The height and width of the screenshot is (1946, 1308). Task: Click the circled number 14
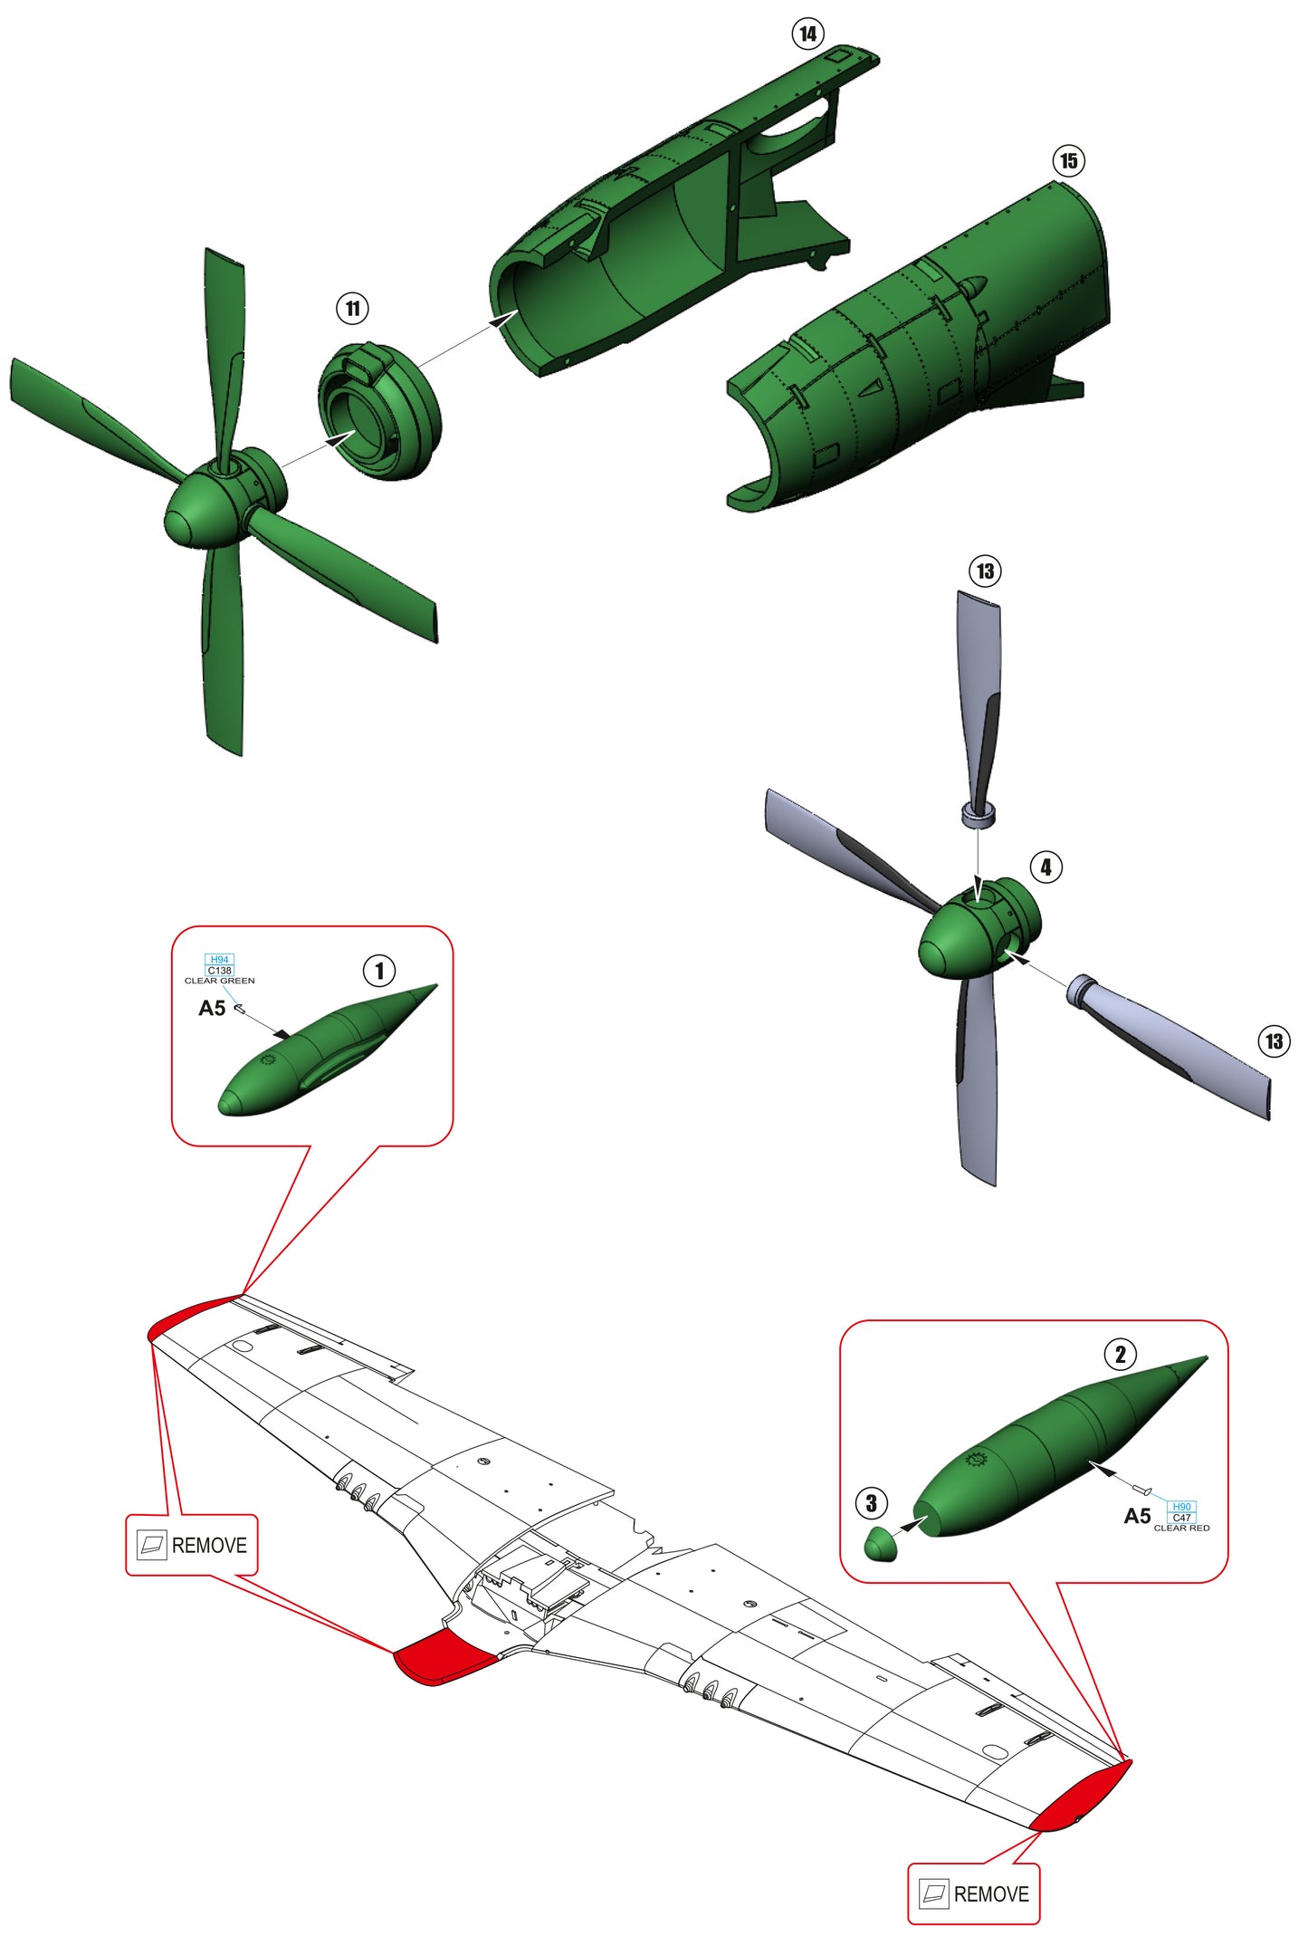[807, 34]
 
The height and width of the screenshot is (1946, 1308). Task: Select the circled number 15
[1068, 161]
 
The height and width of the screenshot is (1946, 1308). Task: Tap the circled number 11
[352, 309]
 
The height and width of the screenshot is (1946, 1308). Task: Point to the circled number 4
[1045, 867]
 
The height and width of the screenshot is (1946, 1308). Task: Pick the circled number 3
[871, 1504]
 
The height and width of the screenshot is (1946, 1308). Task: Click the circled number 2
[1120, 1355]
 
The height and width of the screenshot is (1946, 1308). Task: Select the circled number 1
[378, 971]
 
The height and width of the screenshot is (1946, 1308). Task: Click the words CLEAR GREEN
[219, 981]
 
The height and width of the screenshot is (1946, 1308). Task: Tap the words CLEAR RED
[1181, 1528]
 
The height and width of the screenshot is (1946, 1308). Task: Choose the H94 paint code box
[219, 959]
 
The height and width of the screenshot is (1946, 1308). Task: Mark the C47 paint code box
[1181, 1518]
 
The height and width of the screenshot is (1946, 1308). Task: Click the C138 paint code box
[219, 970]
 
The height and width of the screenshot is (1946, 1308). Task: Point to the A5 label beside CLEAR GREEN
[212, 1008]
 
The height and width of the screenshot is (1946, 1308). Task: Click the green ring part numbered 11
[378, 411]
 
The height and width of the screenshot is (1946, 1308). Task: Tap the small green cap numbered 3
[881, 1544]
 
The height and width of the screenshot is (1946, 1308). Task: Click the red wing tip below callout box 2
[1082, 1797]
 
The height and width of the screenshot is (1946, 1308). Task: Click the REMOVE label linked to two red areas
[192, 1545]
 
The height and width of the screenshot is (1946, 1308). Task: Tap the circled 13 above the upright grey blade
[985, 571]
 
